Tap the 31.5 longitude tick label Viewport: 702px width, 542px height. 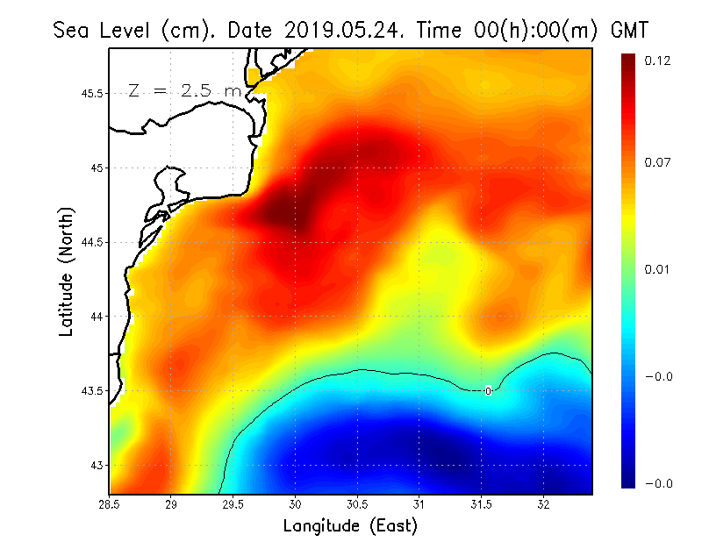[x=481, y=505]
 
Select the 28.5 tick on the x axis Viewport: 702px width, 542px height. [x=110, y=505]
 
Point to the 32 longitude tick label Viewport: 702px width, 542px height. [x=543, y=505]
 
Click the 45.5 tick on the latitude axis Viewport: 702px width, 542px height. [x=90, y=93]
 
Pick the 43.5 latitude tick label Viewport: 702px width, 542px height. [x=90, y=390]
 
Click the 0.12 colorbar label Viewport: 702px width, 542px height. [x=657, y=61]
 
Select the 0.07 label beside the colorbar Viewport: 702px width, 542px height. [x=657, y=163]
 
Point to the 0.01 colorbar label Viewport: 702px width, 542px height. [x=657, y=269]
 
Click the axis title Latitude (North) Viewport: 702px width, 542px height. [x=67, y=271]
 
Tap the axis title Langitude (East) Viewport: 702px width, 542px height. [x=350, y=526]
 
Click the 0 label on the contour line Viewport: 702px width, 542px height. [x=488, y=391]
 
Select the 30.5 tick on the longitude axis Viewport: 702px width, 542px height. [x=357, y=505]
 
